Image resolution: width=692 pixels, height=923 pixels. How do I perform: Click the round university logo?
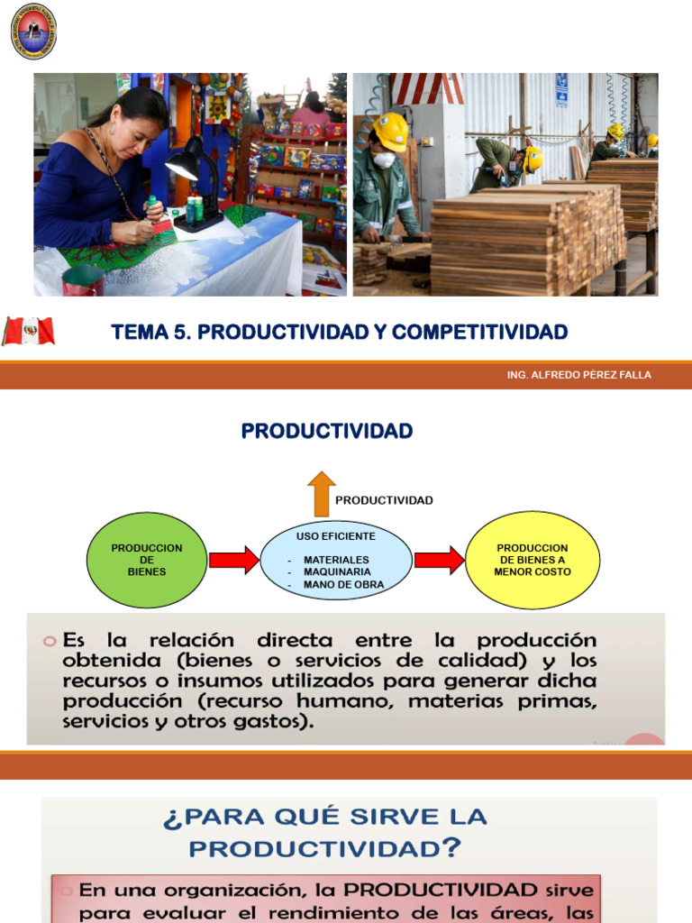[33, 31]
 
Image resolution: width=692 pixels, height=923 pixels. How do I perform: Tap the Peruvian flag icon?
[29, 332]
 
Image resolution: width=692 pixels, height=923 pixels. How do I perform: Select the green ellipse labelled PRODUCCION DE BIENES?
[147, 560]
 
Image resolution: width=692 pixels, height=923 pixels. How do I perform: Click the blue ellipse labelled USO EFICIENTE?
[336, 560]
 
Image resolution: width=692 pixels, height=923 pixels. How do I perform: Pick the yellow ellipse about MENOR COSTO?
[533, 560]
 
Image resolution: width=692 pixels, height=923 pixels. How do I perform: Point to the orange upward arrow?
[321, 492]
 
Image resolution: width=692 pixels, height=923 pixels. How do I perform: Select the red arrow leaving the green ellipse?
[233, 560]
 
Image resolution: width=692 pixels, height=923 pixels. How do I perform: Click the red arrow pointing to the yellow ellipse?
[439, 560]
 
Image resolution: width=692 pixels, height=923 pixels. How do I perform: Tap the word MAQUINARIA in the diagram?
[337, 571]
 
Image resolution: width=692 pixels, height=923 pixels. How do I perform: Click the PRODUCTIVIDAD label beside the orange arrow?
[384, 500]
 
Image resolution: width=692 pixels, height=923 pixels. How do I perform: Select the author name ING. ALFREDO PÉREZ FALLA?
[579, 375]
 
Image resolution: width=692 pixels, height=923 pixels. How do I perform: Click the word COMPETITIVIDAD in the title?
[480, 333]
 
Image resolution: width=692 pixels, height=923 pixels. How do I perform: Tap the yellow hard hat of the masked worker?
[391, 130]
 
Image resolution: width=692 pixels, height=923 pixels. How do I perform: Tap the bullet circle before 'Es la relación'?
[50, 641]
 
